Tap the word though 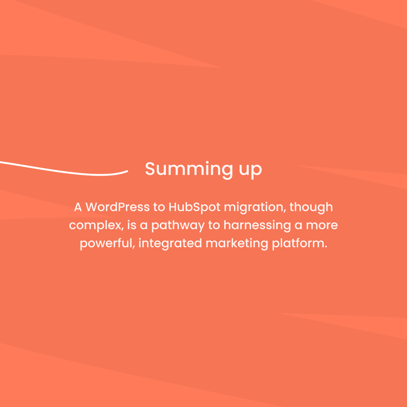click(311, 208)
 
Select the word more click(322, 225)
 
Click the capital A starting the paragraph click(78, 207)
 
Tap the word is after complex click(132, 225)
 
